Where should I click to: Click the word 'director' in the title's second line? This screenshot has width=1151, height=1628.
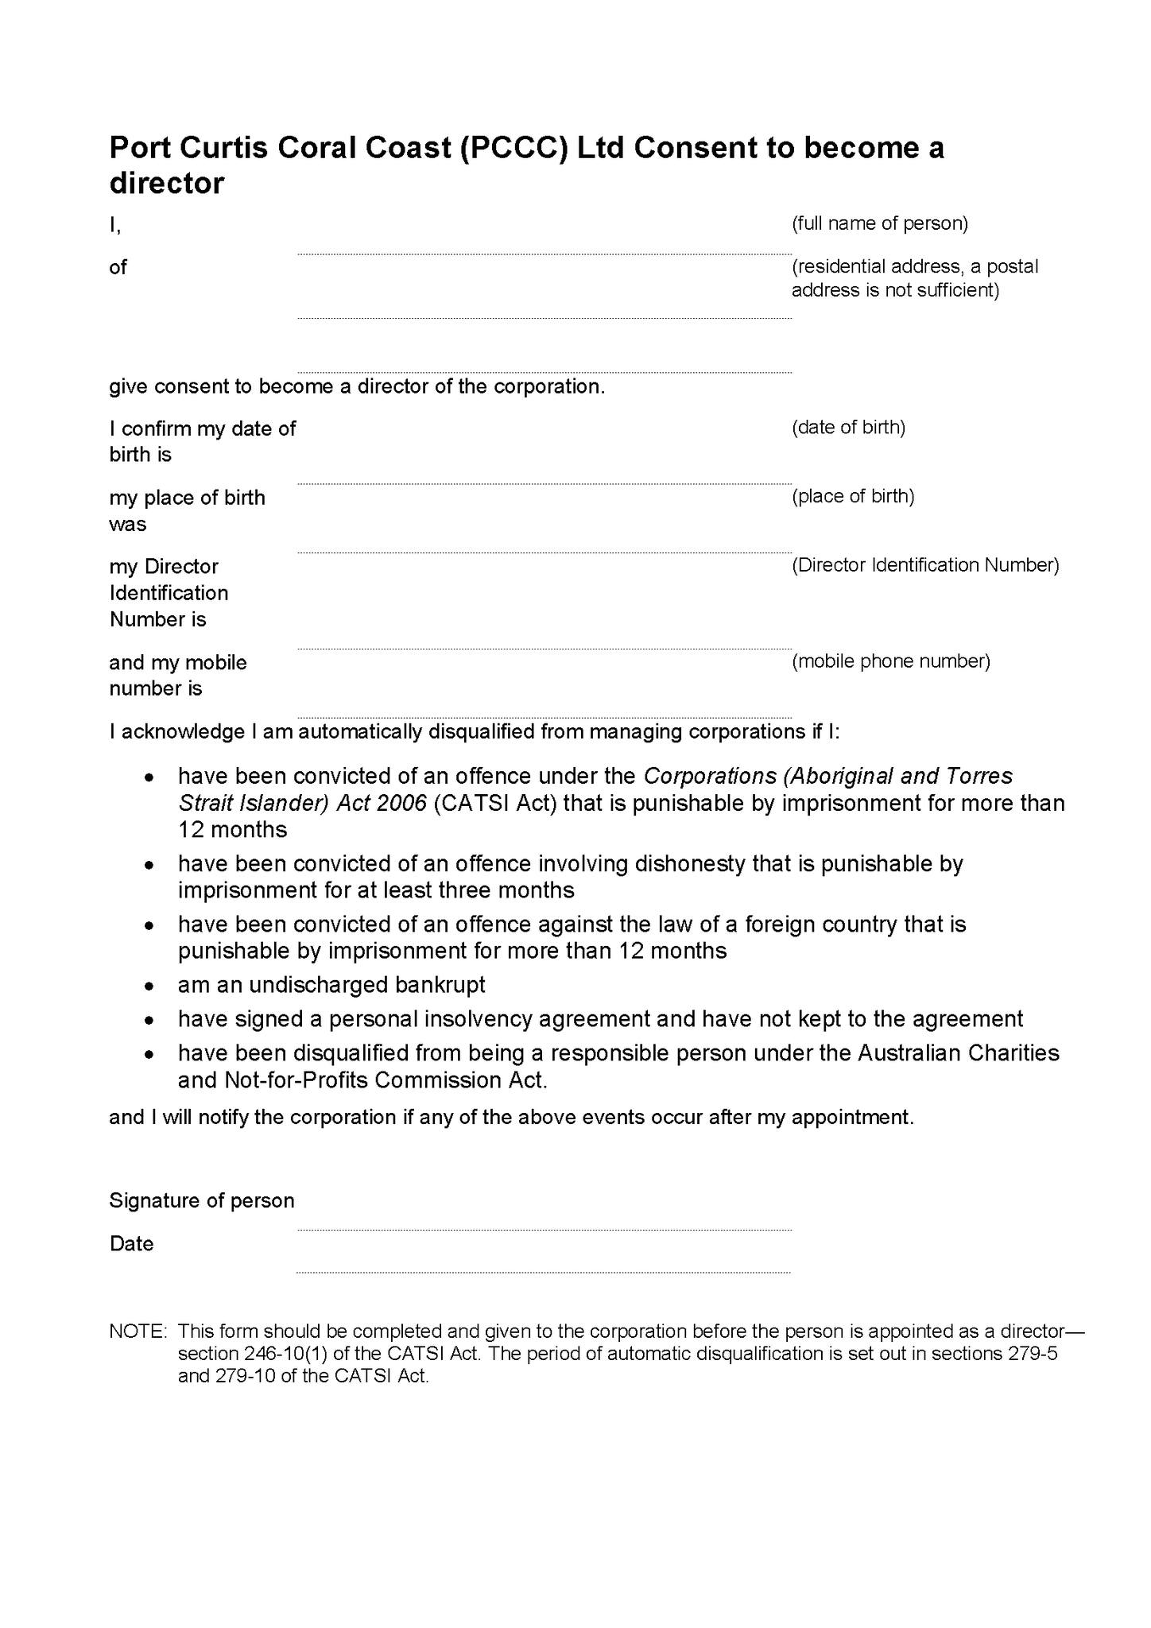pyautogui.click(x=167, y=184)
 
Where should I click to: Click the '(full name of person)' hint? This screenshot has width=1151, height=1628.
pyautogui.click(x=879, y=223)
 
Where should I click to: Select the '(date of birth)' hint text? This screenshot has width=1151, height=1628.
pyautogui.click(x=848, y=428)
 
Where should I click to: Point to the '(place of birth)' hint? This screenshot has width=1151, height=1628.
pyautogui.click(x=853, y=497)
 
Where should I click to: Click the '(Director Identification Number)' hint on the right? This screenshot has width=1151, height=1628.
pyautogui.click(x=925, y=565)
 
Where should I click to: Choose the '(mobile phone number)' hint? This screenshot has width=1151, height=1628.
pyautogui.click(x=890, y=661)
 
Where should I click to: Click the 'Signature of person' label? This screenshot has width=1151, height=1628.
pyautogui.click(x=202, y=1200)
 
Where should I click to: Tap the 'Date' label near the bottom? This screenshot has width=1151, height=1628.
pyautogui.click(x=132, y=1244)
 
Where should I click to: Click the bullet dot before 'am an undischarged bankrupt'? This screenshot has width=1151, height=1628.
pyautogui.click(x=149, y=986)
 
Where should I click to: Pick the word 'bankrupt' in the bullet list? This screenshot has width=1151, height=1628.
pyautogui.click(x=440, y=986)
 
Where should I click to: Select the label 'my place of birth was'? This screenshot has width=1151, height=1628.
pyautogui.click(x=187, y=511)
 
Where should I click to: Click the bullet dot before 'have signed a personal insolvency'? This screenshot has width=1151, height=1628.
pyautogui.click(x=149, y=1021)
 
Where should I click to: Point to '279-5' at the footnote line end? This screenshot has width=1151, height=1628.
pyautogui.click(x=1033, y=1354)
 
